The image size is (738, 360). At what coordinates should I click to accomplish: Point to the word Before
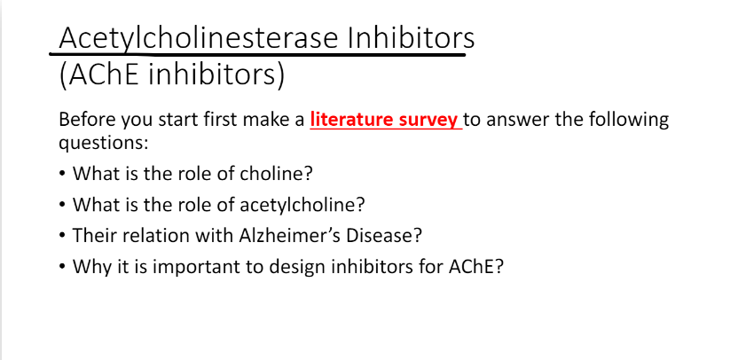point(86,119)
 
